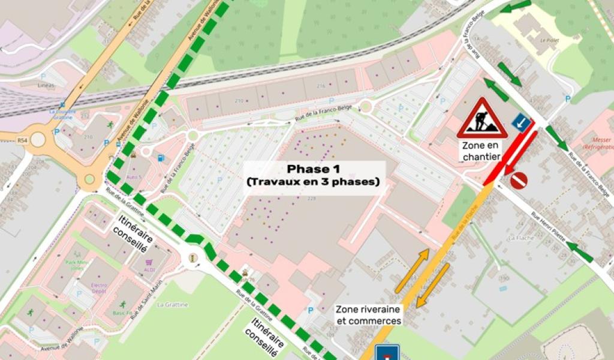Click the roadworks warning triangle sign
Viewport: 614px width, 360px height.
(482, 119)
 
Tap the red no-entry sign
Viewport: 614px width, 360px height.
(519, 180)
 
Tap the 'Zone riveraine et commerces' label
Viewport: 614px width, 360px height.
(368, 315)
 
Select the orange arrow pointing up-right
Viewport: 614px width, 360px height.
(412, 271)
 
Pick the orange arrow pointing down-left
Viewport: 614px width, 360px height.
(433, 285)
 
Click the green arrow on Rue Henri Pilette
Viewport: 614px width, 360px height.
(579, 252)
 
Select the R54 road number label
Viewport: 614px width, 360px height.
(23, 140)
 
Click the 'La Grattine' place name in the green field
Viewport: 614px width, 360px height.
(172, 305)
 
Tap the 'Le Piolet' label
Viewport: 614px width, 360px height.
(549, 41)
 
